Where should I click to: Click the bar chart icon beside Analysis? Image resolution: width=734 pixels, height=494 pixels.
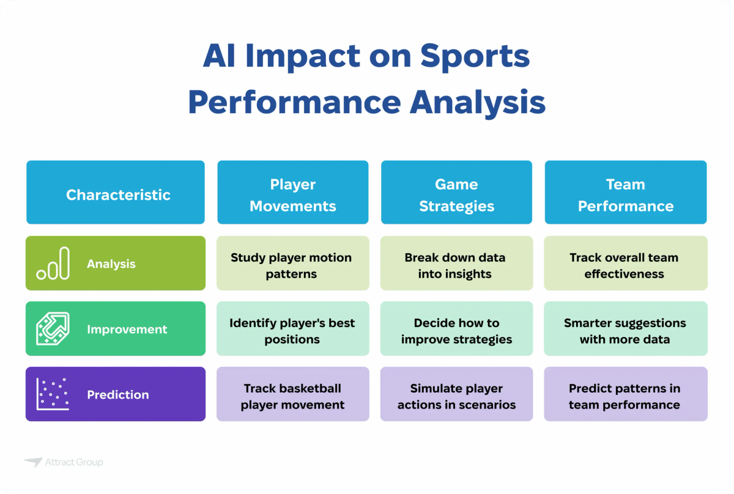coord(53,264)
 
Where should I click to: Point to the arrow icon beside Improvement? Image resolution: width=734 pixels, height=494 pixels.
coord(53,329)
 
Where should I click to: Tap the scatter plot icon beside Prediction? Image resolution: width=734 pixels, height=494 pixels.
coord(53,394)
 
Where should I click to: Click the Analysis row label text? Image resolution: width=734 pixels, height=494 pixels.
coord(111,264)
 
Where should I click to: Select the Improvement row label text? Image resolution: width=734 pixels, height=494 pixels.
coord(127,330)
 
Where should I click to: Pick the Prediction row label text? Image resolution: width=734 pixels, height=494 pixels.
coord(117,395)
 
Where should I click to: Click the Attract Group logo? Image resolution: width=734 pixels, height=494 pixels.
coord(64,462)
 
